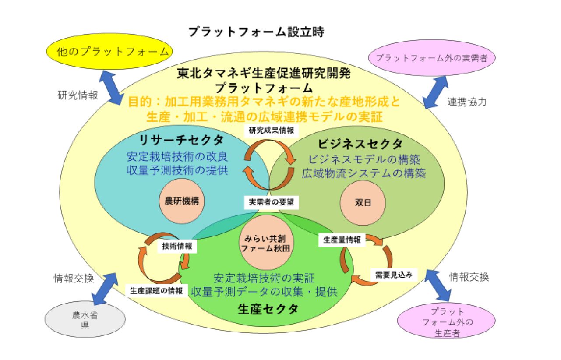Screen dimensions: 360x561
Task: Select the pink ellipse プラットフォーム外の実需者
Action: click(431, 57)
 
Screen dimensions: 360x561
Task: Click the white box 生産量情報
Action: click(342, 240)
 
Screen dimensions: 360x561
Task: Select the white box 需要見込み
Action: click(394, 275)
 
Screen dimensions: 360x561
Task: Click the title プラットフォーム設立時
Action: click(256, 32)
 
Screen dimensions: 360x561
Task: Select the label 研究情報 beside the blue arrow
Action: click(78, 95)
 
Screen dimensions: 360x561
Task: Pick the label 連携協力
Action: click(467, 102)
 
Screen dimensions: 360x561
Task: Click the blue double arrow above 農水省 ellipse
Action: click(104, 289)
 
